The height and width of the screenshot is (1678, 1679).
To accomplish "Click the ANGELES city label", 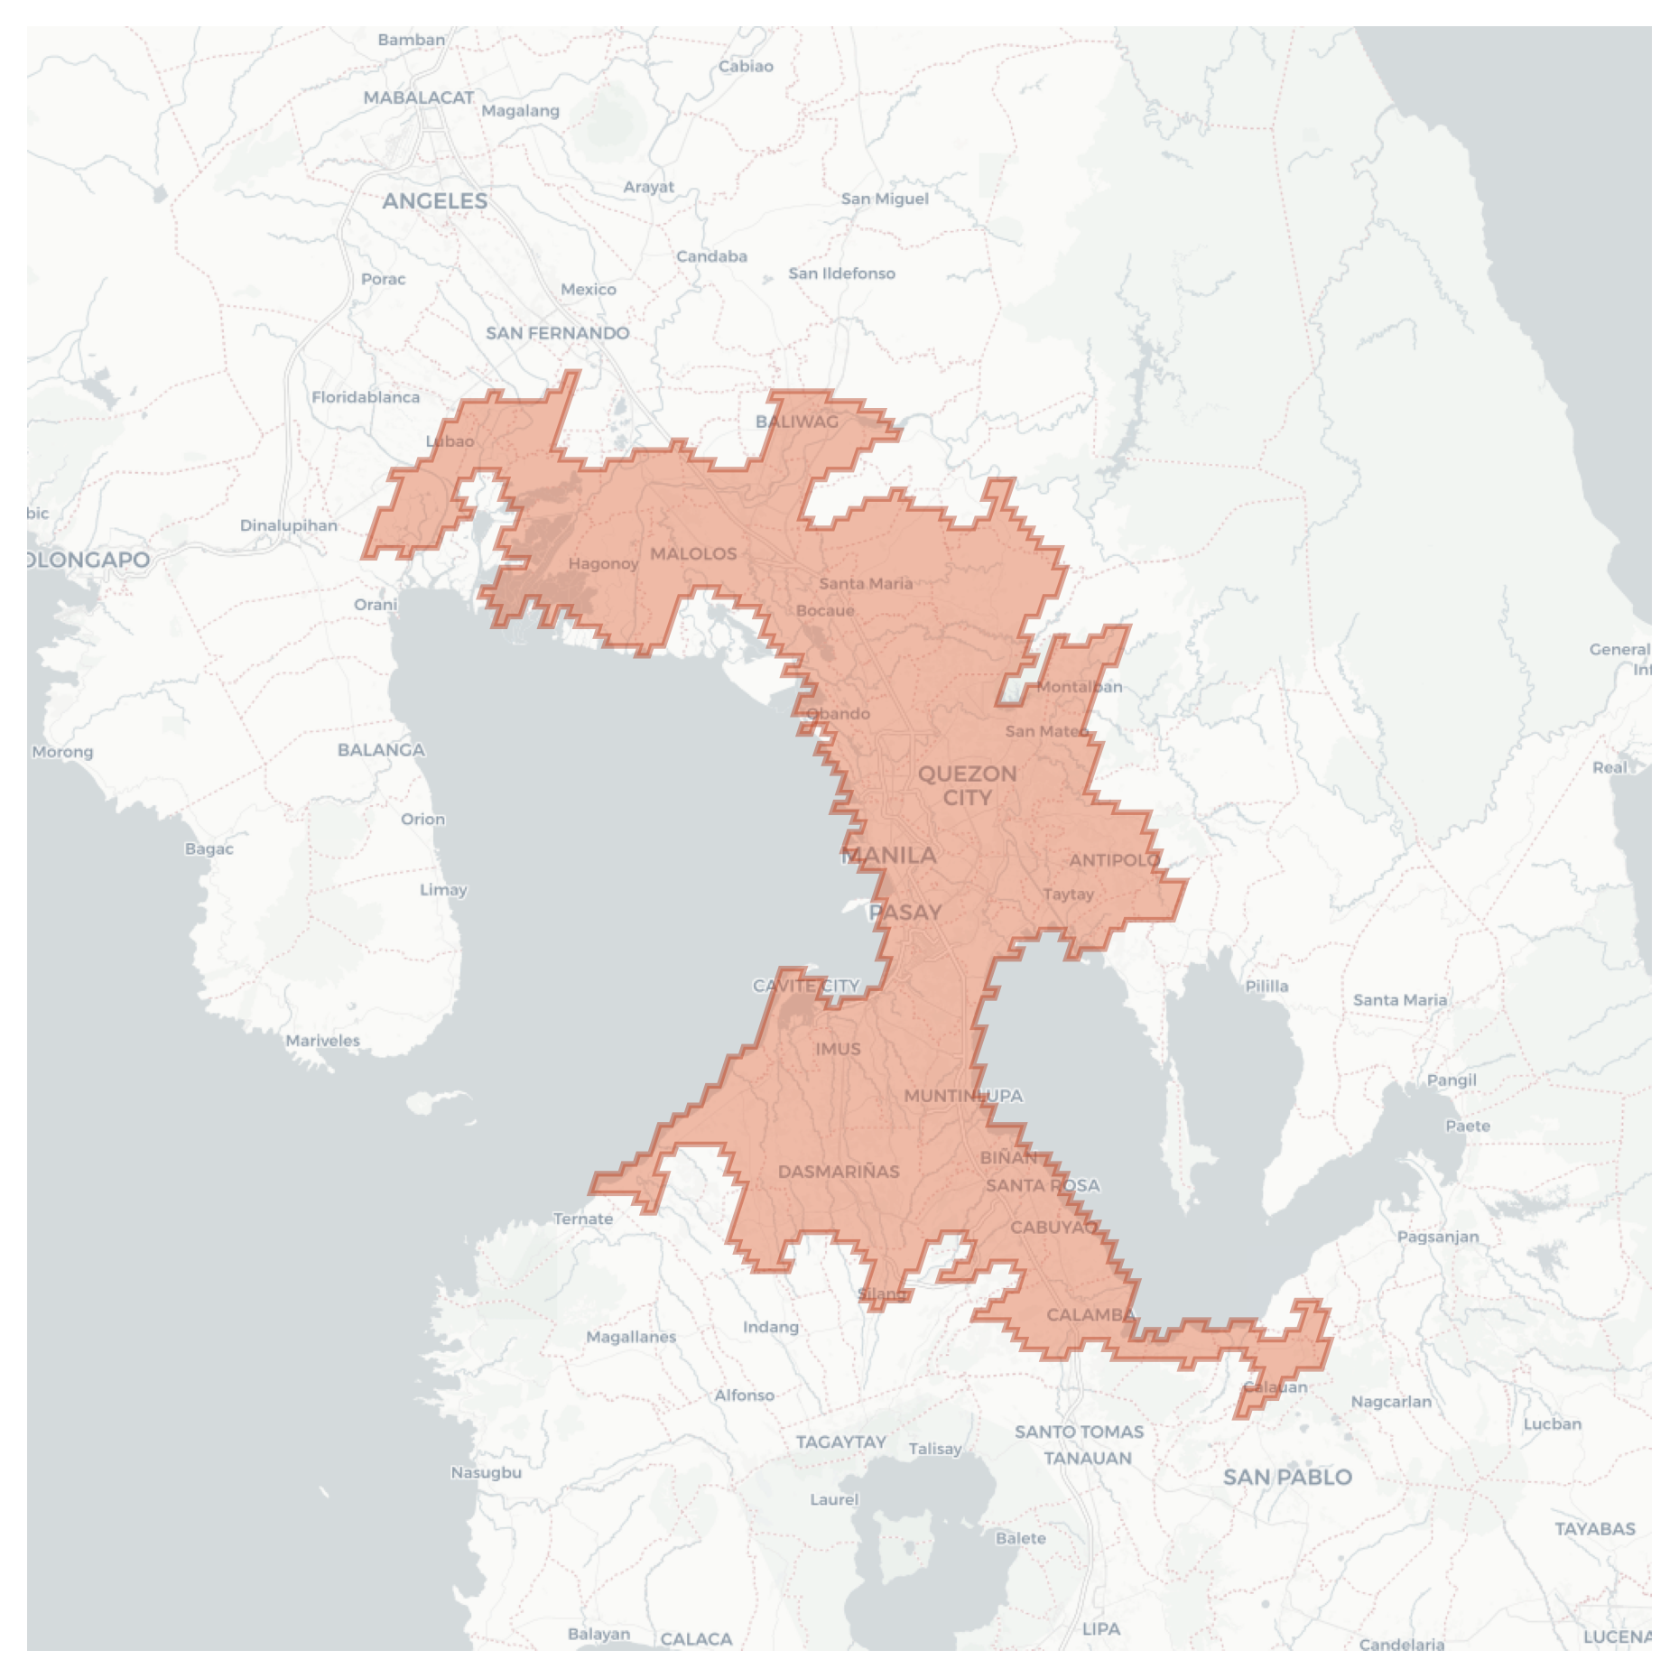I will click(x=434, y=200).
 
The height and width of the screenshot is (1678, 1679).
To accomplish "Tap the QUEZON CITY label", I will click(x=967, y=785).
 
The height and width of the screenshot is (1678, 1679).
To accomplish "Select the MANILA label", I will click(x=889, y=855).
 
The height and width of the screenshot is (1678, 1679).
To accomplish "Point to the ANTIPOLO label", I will click(x=1114, y=859).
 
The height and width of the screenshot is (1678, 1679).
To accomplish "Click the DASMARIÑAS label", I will click(x=839, y=1172).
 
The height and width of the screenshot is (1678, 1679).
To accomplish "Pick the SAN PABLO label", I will click(x=1287, y=1477).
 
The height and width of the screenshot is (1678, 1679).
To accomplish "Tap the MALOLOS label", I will click(x=693, y=553).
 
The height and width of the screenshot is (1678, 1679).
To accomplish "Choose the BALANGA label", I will click(x=381, y=749).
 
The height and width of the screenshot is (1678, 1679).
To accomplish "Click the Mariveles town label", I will click(x=322, y=1041).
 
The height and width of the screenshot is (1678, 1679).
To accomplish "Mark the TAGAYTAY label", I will click(x=840, y=1442).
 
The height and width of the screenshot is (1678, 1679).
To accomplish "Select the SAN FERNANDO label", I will click(x=557, y=332).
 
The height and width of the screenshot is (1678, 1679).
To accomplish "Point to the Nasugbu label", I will click(x=486, y=1472).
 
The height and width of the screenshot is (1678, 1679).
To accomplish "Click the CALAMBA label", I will click(x=1090, y=1314).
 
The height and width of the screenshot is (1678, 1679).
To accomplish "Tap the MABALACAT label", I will click(x=418, y=97).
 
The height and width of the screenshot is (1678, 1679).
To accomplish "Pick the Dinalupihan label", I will click(x=289, y=525).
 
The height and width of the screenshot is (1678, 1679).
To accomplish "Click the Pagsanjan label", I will click(x=1438, y=1237).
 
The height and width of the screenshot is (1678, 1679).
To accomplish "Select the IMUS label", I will click(x=838, y=1049).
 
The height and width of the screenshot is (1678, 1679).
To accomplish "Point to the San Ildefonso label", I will click(x=841, y=273).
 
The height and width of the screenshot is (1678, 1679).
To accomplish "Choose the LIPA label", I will click(x=1101, y=1628).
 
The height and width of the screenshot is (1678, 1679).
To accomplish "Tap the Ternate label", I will click(x=583, y=1219).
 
